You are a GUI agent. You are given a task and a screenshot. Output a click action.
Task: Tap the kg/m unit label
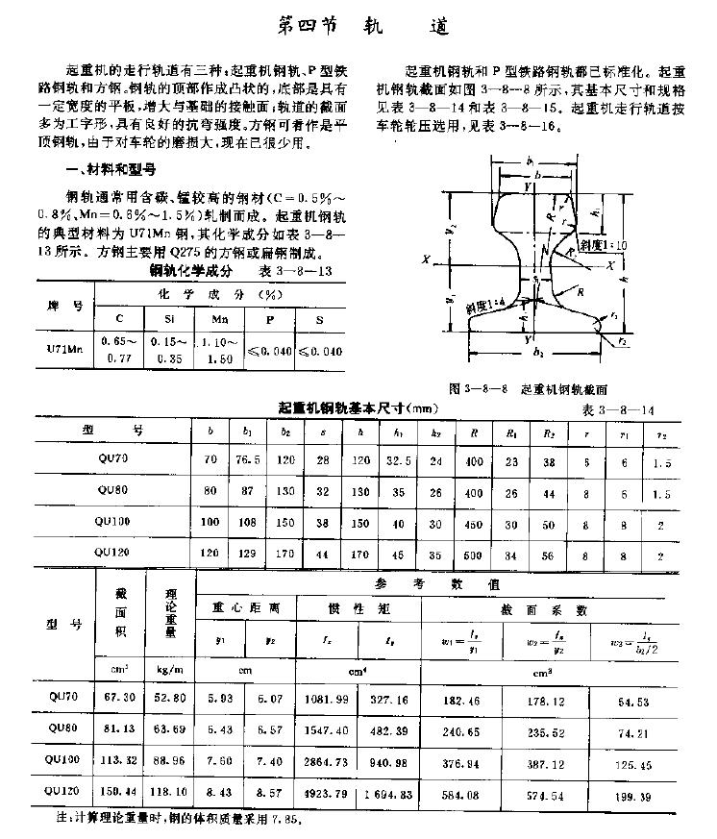[170, 666]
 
